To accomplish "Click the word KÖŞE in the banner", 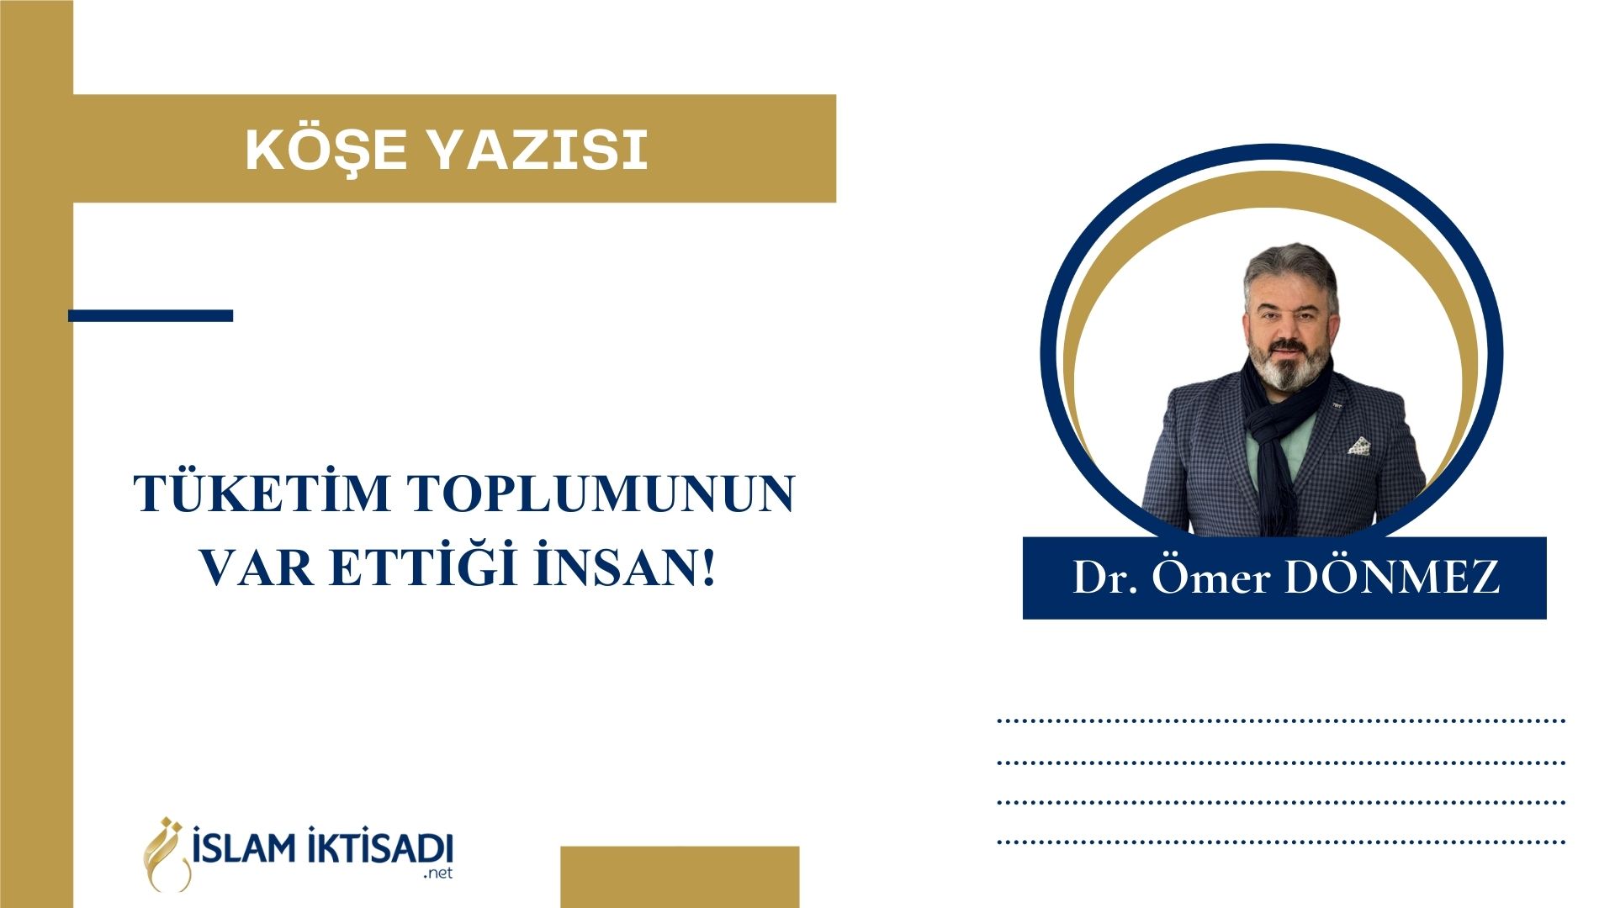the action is (326, 150).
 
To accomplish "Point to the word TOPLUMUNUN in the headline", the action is (602, 494).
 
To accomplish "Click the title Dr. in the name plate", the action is (1105, 578).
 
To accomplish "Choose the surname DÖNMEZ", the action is (1393, 576).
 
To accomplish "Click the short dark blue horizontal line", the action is (151, 315).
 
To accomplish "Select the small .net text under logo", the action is (438, 874).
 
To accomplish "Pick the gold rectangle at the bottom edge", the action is (680, 877).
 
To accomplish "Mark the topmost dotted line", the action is (1281, 721).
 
